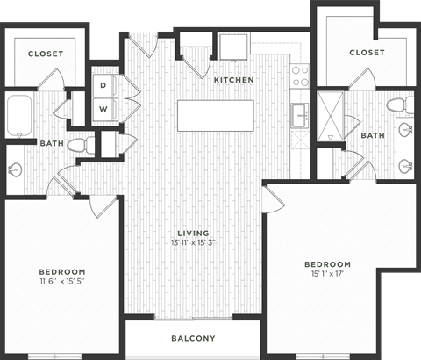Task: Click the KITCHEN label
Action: (234, 80)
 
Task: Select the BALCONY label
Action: (192, 338)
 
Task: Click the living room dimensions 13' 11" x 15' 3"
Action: (193, 242)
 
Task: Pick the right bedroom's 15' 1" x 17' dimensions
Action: (327, 274)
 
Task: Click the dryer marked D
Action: (103, 85)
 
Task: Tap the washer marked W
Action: (103, 109)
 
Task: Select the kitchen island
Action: (216, 115)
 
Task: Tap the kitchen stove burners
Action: (301, 75)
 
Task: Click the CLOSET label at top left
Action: (45, 54)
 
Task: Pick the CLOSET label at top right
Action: (367, 53)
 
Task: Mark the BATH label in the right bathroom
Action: (373, 135)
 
